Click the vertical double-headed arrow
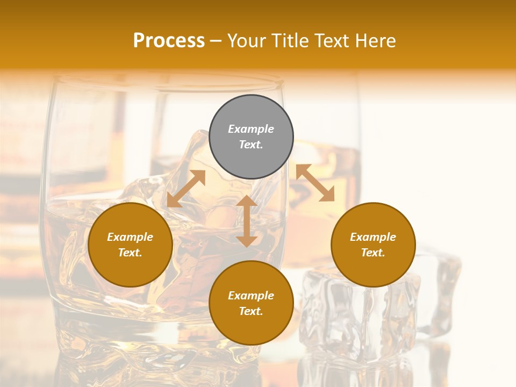(247, 221)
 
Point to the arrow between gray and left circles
(186, 189)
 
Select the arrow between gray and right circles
(315, 183)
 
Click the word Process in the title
(169, 41)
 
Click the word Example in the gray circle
(251, 129)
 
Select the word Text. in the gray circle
(251, 145)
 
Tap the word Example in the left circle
(130, 237)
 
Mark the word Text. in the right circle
(373, 253)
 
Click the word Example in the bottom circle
(251, 296)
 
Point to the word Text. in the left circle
(130, 253)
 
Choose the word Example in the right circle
(373, 237)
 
